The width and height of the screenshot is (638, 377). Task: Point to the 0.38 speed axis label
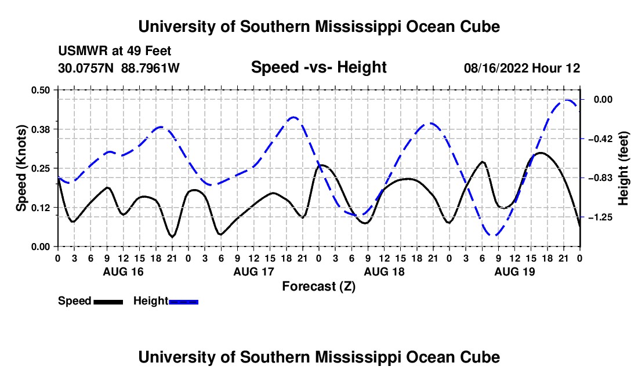40,129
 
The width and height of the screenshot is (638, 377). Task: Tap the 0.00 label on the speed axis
40,247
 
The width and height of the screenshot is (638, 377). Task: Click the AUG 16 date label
124,271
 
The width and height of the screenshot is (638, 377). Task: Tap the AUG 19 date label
514,271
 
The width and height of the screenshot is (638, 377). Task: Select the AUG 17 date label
254,271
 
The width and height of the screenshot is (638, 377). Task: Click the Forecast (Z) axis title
319,287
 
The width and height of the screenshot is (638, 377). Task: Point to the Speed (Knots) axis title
21,168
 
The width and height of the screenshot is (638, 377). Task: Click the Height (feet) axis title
623,168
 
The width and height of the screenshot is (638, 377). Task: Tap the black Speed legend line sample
108,302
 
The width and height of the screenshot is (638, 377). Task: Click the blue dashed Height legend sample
183,302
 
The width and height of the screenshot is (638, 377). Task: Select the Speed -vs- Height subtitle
318,67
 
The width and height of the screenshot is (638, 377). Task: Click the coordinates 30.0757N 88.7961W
119,68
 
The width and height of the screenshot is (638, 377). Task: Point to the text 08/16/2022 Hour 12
522,68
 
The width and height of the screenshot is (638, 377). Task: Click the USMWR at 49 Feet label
115,51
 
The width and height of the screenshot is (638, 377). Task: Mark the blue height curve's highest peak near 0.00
567,100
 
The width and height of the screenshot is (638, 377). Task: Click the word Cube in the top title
480,27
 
